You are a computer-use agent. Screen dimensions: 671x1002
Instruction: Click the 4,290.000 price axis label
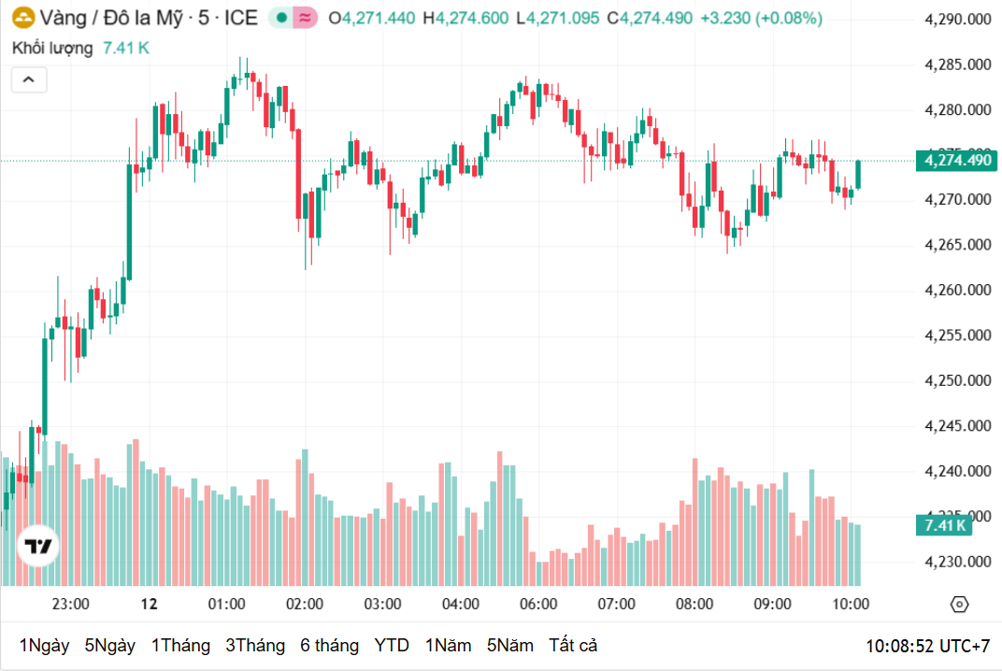pos(957,19)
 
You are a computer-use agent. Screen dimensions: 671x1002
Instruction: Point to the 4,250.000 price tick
pos(957,380)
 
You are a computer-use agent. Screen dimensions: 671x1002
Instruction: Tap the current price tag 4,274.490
pos(957,161)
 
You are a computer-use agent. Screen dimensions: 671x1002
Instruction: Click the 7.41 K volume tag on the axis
pos(945,525)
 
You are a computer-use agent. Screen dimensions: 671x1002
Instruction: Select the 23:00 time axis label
pos(70,604)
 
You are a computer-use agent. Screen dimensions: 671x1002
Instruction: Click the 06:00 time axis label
pos(538,604)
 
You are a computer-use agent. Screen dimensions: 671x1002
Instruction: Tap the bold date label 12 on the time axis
pos(149,604)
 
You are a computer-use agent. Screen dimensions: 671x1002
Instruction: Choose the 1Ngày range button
pos(44,646)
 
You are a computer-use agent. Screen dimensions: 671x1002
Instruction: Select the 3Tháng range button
pos(255,646)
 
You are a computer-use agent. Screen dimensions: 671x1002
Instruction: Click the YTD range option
pos(392,646)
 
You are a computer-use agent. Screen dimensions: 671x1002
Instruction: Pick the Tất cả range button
pos(573,646)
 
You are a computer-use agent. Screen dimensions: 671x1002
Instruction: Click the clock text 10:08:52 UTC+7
pos(927,646)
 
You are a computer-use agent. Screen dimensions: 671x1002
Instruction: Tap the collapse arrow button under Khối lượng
pos(29,80)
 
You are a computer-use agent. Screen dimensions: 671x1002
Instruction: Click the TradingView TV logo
pos(38,547)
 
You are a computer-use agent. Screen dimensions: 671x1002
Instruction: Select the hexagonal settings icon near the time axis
pos(959,605)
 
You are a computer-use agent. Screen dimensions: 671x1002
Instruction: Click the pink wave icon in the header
pos(305,18)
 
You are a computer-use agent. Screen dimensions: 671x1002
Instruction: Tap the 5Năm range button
pos(510,646)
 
